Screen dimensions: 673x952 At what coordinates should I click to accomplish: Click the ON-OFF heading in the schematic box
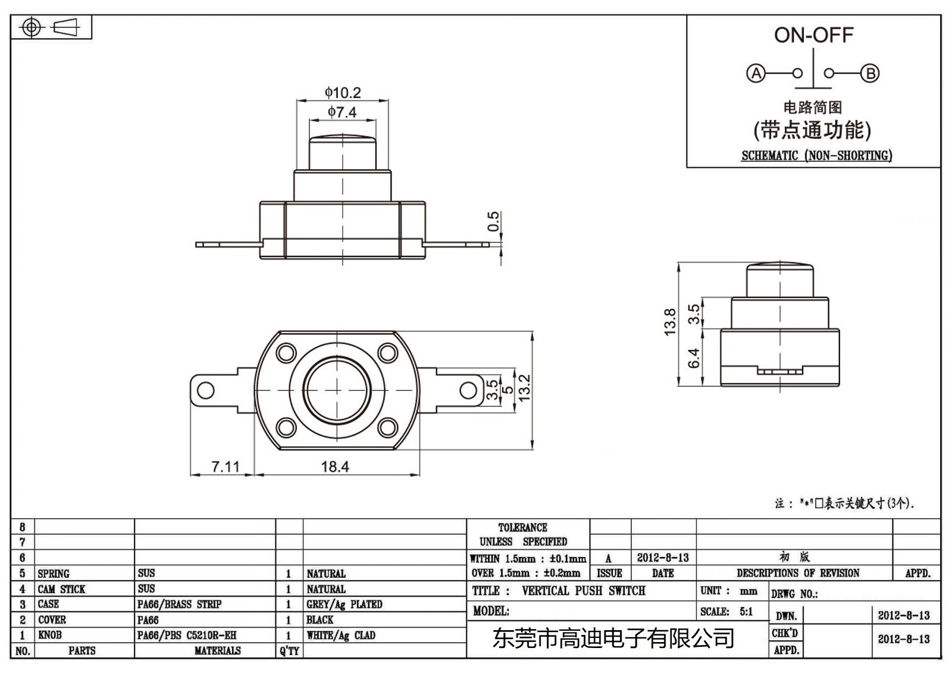[x=813, y=35]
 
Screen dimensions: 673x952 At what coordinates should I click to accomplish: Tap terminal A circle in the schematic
[x=756, y=73]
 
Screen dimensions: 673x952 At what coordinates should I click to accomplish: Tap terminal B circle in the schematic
[x=870, y=73]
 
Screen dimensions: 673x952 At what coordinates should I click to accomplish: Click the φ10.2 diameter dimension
[x=343, y=93]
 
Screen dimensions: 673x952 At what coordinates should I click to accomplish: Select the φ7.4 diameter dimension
[x=342, y=112]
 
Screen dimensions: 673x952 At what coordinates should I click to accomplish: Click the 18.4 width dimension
[x=335, y=467]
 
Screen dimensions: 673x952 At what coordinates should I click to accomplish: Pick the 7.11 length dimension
[x=226, y=467]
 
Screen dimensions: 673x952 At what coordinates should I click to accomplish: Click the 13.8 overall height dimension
[x=670, y=322]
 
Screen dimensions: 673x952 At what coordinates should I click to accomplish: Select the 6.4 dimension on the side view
[x=694, y=358]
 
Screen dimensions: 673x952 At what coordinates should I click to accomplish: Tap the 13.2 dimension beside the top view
[x=524, y=388]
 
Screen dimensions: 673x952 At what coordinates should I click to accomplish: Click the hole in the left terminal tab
[x=206, y=390]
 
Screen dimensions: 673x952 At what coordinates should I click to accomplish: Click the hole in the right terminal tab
[x=468, y=390]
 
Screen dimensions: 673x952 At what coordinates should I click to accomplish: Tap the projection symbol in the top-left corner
[x=51, y=27]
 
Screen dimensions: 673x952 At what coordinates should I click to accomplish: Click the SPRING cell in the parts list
[x=54, y=574]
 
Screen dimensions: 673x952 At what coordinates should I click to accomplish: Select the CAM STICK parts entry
[x=61, y=589]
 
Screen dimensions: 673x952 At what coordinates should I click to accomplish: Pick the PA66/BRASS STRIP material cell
[x=179, y=604]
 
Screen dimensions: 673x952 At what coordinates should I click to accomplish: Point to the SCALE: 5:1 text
[x=726, y=611]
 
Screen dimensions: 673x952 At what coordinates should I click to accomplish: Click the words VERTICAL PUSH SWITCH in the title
[x=583, y=590]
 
